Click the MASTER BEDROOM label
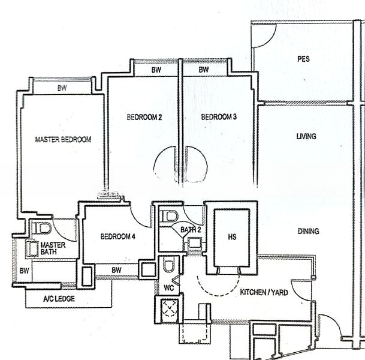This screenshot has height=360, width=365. coord(63,139)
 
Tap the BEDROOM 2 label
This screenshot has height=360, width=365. coord(144,117)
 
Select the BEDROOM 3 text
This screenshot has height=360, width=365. coord(219,117)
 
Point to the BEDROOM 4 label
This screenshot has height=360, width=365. coord(118,236)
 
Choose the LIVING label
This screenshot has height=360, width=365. coord(306,136)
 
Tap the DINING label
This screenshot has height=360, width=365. coord(307,231)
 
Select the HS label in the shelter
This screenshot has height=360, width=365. coord(232,237)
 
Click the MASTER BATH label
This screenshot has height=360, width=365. coord(53,249)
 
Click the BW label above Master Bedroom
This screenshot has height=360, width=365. coord(62,88)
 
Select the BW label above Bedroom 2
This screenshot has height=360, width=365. coord(156,70)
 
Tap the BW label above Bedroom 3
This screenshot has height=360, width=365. coord(204,70)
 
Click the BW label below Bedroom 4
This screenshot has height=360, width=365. coord(116,270)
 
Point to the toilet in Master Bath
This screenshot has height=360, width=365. coord(43,229)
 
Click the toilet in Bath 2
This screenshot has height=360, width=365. coord(171,215)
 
